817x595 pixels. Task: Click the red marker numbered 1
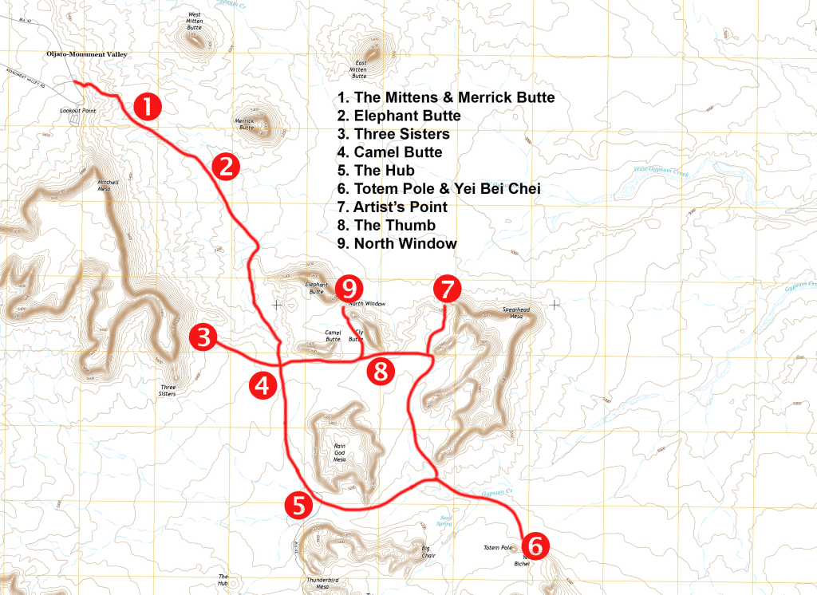(x=148, y=106)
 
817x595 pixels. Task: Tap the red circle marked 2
(x=226, y=167)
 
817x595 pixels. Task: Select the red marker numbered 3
(x=203, y=337)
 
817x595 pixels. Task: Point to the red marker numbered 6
(x=535, y=546)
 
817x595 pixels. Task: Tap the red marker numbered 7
(x=447, y=287)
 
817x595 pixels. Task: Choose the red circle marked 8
(x=381, y=371)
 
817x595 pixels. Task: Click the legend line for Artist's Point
(x=392, y=207)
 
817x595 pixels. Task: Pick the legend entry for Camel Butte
(x=389, y=152)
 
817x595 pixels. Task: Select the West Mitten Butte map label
(x=195, y=21)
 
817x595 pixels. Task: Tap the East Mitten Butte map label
(x=360, y=70)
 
